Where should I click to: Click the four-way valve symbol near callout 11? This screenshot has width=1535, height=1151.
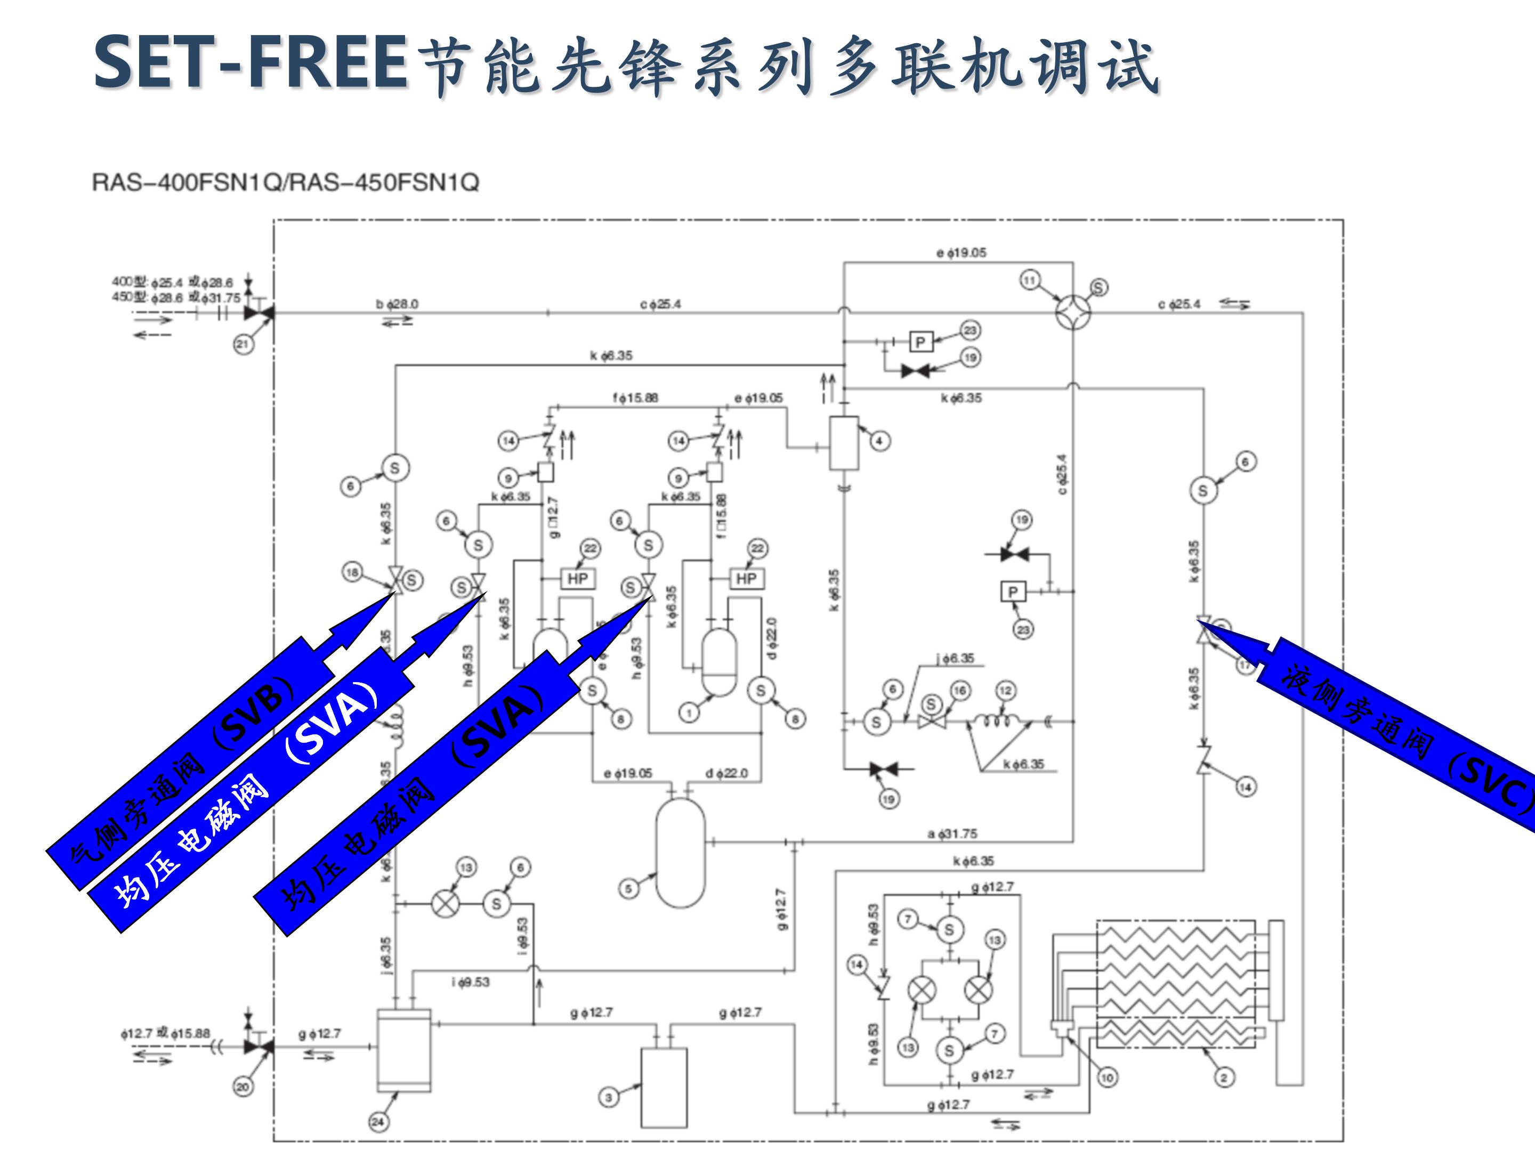(x=1073, y=312)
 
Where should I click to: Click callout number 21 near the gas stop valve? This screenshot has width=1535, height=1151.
(x=242, y=344)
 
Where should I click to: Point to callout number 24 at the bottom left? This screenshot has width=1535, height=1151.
(x=377, y=1122)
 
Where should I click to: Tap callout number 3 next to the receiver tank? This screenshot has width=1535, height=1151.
(x=609, y=1097)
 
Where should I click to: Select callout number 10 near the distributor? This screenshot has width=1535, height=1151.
(x=1107, y=1077)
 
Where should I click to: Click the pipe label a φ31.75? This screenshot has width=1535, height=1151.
(x=952, y=834)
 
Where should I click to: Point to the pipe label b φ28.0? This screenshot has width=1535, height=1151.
(x=397, y=304)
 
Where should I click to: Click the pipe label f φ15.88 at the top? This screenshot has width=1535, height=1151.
(x=635, y=398)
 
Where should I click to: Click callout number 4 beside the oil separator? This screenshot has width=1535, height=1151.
(x=879, y=441)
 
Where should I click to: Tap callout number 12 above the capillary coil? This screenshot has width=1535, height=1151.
(x=1006, y=690)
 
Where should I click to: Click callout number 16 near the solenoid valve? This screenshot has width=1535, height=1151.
(x=960, y=690)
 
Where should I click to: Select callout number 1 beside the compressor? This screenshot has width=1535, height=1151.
(x=689, y=712)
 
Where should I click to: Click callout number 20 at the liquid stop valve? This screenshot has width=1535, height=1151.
(x=243, y=1087)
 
